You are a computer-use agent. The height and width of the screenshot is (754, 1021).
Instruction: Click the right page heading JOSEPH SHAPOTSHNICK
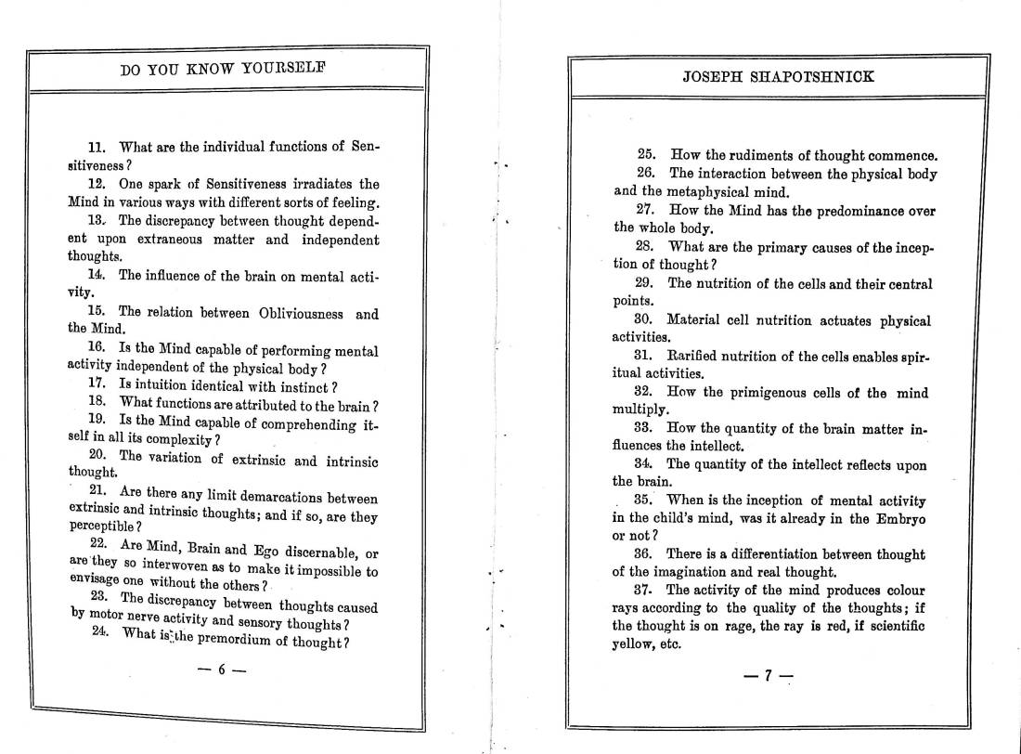pyautogui.click(x=778, y=77)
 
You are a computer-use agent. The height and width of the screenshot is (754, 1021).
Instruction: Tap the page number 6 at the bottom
pyautogui.click(x=222, y=669)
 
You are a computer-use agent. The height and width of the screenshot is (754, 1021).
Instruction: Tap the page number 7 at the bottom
pyautogui.click(x=768, y=676)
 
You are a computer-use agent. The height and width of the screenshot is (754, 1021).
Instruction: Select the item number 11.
pyautogui.click(x=97, y=147)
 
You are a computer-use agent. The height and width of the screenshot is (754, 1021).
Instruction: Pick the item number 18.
pyautogui.click(x=97, y=402)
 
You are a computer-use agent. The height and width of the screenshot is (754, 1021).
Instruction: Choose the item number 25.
pyautogui.click(x=646, y=155)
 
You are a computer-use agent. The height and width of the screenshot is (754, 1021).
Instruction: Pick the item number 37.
pyautogui.click(x=646, y=591)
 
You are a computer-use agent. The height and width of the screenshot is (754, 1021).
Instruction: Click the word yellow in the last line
pyautogui.click(x=633, y=644)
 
